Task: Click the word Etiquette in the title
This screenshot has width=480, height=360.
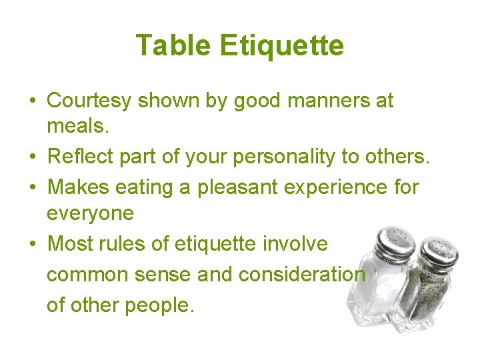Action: [x=281, y=46]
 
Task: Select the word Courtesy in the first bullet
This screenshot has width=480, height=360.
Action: [x=90, y=101]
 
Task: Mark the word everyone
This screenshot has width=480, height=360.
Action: [x=90, y=213]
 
